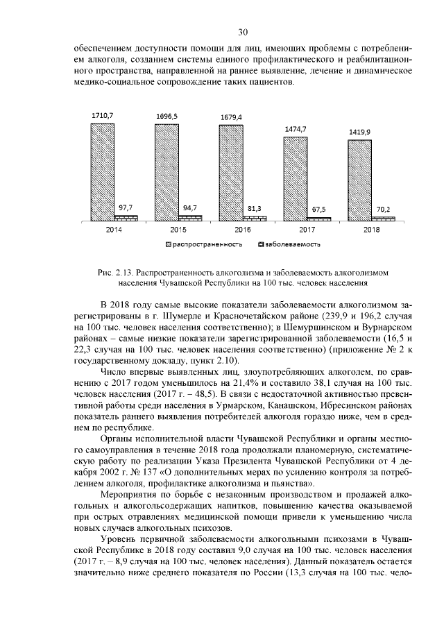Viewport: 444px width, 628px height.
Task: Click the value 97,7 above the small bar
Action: click(x=126, y=207)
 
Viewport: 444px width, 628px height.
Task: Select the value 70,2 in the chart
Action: click(x=383, y=208)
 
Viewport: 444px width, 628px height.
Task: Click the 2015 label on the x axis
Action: click(x=178, y=229)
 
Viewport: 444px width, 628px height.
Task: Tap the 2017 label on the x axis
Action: click(x=307, y=229)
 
